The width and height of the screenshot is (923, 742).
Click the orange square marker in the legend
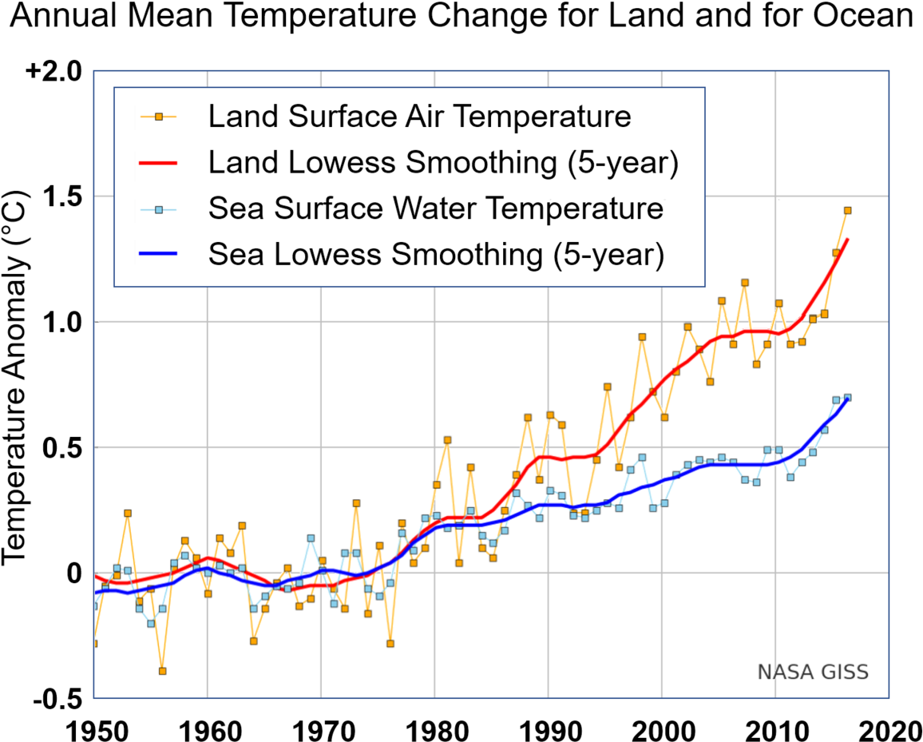pyautogui.click(x=158, y=117)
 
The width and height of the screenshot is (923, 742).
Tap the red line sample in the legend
pyautogui.click(x=158, y=163)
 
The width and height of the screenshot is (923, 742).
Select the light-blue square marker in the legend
pyautogui.click(x=158, y=209)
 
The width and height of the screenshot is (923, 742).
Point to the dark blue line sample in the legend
pyautogui.click(x=158, y=255)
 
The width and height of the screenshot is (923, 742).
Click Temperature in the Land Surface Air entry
pyautogui.click(x=541, y=117)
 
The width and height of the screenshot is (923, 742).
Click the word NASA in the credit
pyautogui.click(x=781, y=673)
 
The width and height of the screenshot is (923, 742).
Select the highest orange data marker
pyautogui.click(x=847, y=211)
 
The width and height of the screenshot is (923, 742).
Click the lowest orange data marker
pyautogui.click(x=162, y=671)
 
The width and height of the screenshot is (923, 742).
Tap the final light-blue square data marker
pyautogui.click(x=847, y=397)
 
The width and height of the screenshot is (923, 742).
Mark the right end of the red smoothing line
pyautogui.click(x=847, y=239)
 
